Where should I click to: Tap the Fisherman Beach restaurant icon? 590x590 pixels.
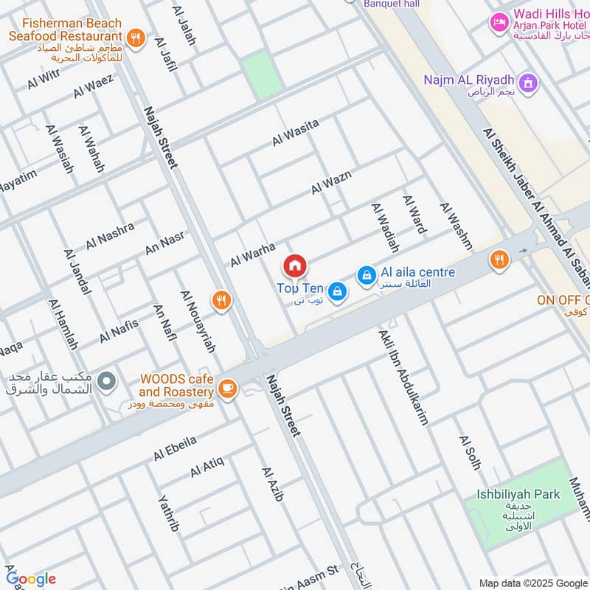(x=135, y=37)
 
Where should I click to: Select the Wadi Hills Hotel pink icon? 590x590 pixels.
(x=500, y=23)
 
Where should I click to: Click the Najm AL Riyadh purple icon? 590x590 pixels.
(x=527, y=83)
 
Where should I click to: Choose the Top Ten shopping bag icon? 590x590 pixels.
(x=337, y=291)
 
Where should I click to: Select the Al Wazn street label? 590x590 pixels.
(x=331, y=182)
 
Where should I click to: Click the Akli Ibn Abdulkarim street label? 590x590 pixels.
(x=403, y=377)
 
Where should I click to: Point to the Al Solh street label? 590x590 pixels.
(x=469, y=452)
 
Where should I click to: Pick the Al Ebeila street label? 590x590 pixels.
(x=175, y=448)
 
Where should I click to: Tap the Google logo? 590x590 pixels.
(x=31, y=579)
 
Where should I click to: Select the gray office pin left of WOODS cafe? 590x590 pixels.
(x=108, y=381)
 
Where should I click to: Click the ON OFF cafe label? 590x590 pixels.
(x=564, y=300)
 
